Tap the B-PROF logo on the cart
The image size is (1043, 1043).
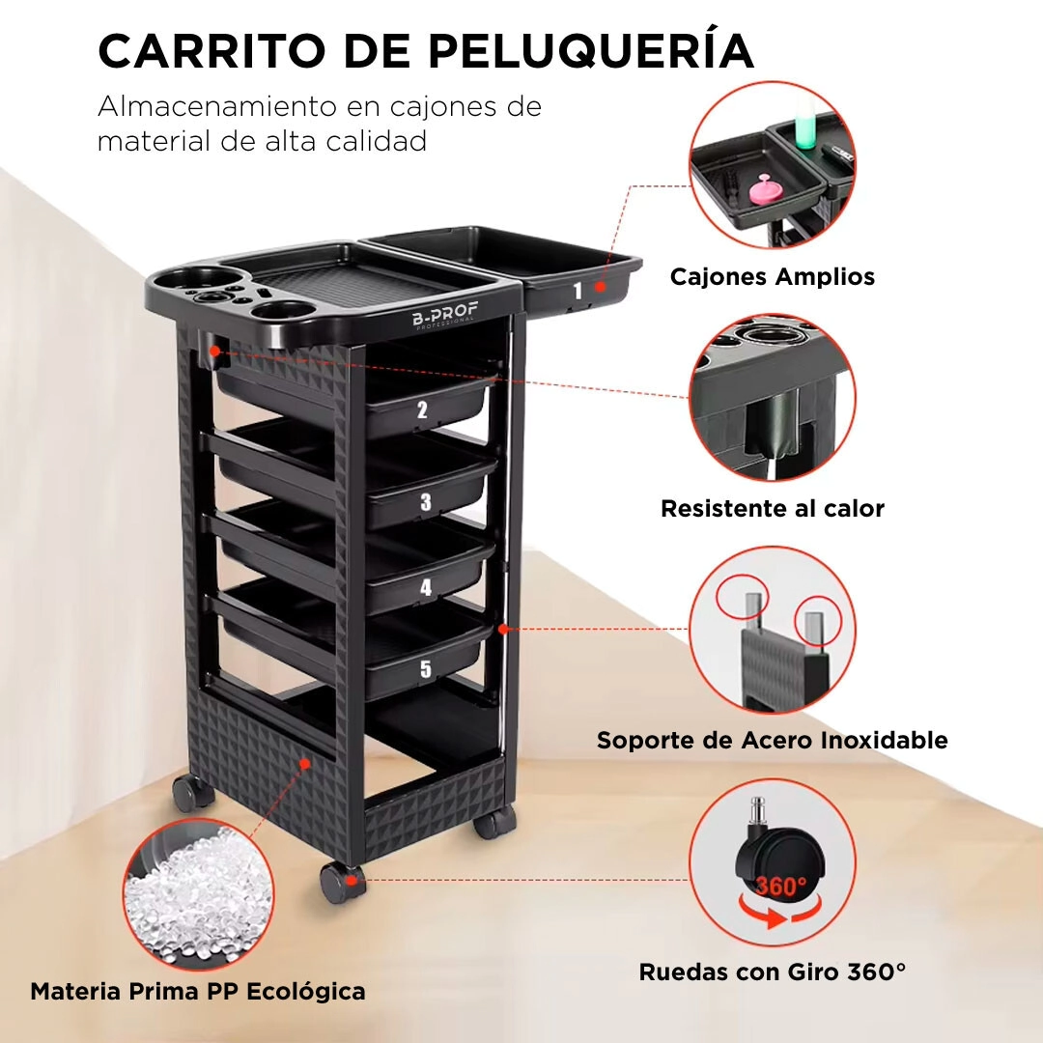tap(445, 315)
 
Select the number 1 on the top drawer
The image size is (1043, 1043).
tap(578, 291)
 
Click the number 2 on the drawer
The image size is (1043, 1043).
tap(422, 409)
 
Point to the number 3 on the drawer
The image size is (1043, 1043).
tap(426, 501)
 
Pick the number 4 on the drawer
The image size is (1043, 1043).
tap(426, 587)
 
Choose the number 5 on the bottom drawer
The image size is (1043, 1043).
tap(426, 668)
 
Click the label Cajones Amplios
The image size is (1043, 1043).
tap(773, 277)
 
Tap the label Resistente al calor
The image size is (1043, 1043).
tap(773, 508)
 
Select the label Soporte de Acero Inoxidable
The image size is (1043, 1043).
tap(773, 740)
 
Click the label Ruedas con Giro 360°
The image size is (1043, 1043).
tap(773, 972)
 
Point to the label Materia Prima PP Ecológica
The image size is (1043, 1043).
tap(198, 992)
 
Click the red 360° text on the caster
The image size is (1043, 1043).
tap(781, 886)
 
